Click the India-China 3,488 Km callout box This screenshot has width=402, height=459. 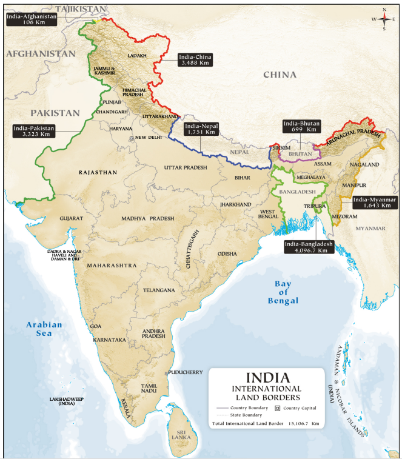pyautogui.click(x=195, y=59)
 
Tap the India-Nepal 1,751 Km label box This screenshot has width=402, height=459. pyautogui.click(x=200, y=129)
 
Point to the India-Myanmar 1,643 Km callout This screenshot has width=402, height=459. pyautogui.click(x=376, y=203)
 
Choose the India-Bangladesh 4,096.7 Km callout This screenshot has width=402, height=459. pyautogui.click(x=309, y=247)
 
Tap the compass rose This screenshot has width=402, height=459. pyautogui.click(x=384, y=19)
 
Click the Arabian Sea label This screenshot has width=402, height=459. pyautogui.click(x=44, y=329)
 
